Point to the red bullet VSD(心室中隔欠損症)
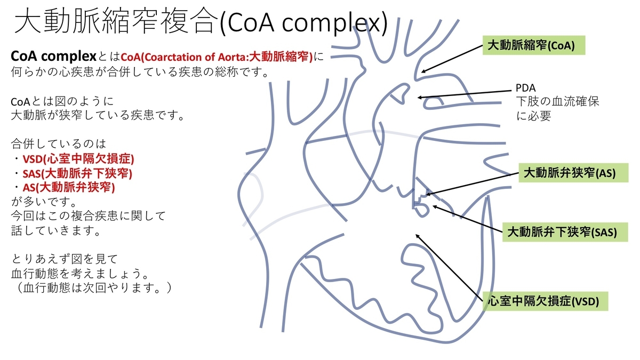pyautogui.click(x=73, y=159)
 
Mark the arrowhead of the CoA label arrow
pyautogui.click(x=423, y=71)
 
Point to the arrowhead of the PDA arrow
pyautogui.click(x=420, y=98)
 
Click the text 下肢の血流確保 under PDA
pyautogui.click(x=557, y=101)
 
